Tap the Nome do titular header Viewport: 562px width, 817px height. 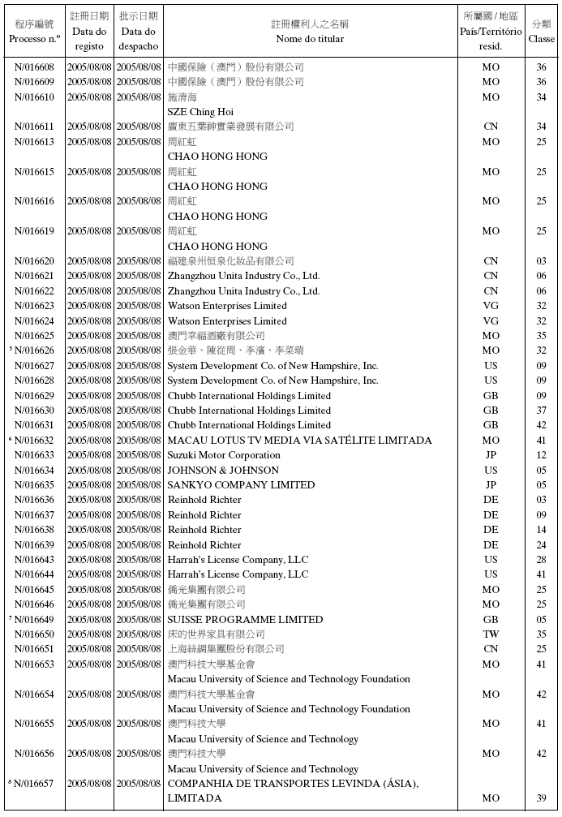click(x=309, y=38)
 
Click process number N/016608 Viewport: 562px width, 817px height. click(x=34, y=67)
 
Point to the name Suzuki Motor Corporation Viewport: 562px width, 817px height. click(x=224, y=455)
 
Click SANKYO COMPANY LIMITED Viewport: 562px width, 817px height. click(x=241, y=485)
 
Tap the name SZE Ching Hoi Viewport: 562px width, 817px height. click(x=200, y=112)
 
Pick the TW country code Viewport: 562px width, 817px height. click(x=491, y=634)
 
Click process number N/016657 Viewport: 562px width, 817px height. click(x=34, y=784)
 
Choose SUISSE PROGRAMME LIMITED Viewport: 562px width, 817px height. click(x=245, y=620)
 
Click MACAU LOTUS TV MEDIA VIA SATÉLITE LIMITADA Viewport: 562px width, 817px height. click(x=299, y=441)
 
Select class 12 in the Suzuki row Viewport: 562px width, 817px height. click(x=541, y=455)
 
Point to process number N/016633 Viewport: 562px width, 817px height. click(x=34, y=455)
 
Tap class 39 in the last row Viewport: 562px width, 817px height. click(x=541, y=798)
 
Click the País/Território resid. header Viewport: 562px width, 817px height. click(x=491, y=31)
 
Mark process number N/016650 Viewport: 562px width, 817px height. click(x=34, y=634)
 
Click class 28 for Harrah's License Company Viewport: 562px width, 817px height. click(x=541, y=560)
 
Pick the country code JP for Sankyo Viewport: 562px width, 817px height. click(x=491, y=485)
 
